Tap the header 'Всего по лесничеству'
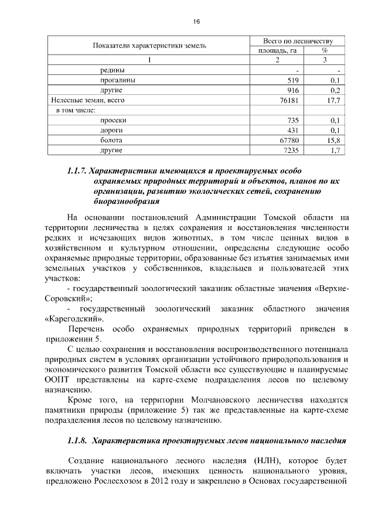tap(298, 41)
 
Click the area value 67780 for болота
tap(289, 141)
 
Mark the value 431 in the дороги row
tap(294, 130)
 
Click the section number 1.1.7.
tap(77, 172)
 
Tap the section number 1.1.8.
tap(77, 439)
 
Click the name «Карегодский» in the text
tap(74, 319)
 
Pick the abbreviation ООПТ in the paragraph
tap(57, 379)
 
